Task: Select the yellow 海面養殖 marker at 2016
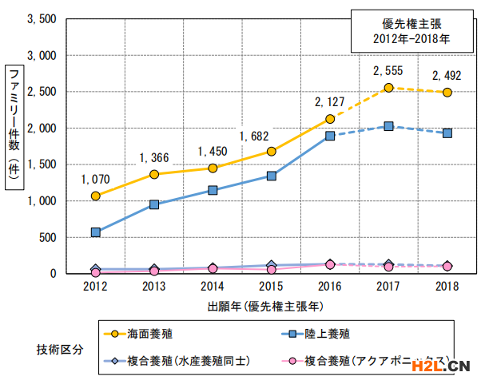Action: click(330, 119)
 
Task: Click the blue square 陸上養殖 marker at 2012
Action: click(96, 232)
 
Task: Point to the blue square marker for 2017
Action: click(388, 126)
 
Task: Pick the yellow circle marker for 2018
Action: click(447, 93)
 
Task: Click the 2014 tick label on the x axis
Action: click(213, 286)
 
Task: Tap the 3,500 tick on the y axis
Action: click(42, 19)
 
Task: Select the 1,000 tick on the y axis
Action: click(42, 201)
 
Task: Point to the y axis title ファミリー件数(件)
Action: click(14, 128)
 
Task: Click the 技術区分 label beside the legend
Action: click(58, 348)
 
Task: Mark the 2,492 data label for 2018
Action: click(447, 77)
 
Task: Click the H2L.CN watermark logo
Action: click(439, 366)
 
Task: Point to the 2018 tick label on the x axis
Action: click(447, 286)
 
